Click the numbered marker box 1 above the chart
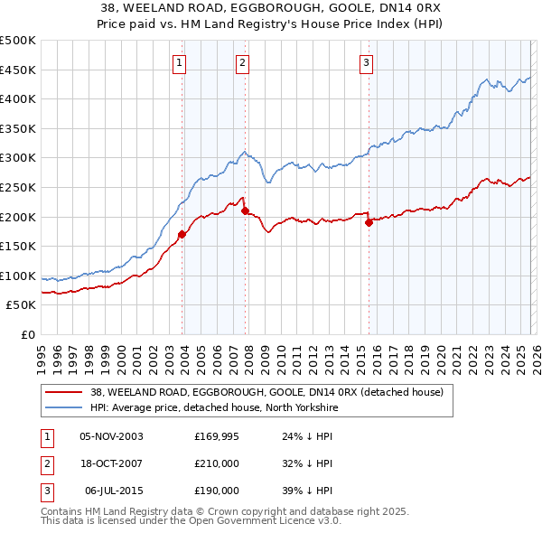180,62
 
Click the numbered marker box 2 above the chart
243,62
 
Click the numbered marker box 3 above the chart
366,62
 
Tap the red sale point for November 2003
182,234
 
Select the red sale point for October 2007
245,210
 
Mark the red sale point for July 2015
369,222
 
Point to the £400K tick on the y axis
18,99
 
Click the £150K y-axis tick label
18,246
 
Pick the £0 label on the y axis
29,334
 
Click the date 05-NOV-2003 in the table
111,436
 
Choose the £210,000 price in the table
217,463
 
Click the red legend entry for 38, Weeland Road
266,393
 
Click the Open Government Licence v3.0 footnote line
191,522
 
